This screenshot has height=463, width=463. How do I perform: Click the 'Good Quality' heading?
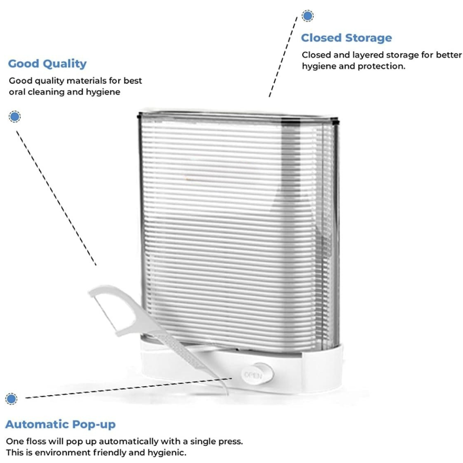47,64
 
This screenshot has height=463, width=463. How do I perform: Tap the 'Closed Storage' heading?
346,38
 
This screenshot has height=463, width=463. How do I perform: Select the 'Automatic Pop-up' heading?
60,425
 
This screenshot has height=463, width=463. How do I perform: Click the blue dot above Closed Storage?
307,16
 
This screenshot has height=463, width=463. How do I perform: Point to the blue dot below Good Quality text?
15,116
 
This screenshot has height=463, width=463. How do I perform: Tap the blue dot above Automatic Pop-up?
12,398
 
